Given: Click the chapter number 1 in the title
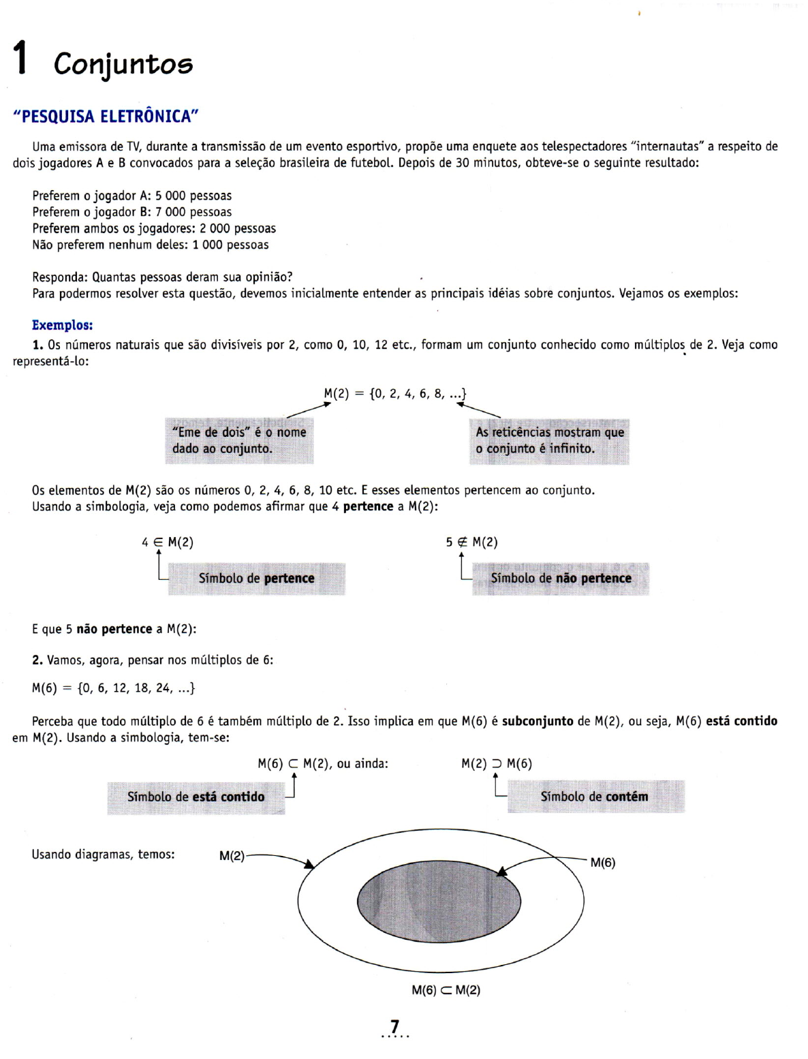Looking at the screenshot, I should point(21,57).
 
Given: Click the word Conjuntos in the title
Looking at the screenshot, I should point(123,64).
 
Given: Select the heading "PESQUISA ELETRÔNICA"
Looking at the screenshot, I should point(106,117).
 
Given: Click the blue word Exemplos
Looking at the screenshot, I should point(62,325).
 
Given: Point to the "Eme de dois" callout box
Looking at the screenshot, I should point(239,440).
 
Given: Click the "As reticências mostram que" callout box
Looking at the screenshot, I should point(549,440).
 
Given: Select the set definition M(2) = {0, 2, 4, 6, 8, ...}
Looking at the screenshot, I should point(394,393).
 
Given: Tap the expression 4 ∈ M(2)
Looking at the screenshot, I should point(168,542).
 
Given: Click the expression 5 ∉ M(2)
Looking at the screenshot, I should point(471,542).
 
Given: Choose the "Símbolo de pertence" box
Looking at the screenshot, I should point(256,579).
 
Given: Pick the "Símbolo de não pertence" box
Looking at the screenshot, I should point(560,579).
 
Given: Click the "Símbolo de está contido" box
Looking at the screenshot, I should point(196,797).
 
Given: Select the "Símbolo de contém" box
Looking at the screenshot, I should point(595,796).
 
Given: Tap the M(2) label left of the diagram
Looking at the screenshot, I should point(232,856).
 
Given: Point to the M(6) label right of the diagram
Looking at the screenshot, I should point(603,863).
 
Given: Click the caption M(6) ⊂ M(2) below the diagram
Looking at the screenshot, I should point(446,990).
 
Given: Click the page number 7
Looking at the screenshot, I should point(395,1026).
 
